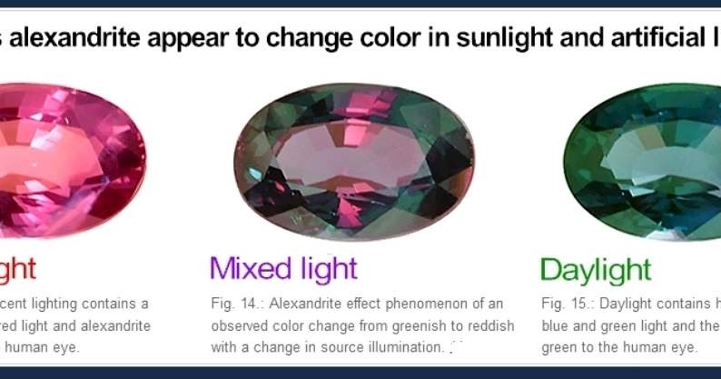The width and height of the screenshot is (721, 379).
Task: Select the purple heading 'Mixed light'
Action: pos(283,268)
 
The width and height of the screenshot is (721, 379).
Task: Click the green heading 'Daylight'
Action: pos(596,269)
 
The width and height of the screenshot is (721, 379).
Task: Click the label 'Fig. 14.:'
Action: pos(235,303)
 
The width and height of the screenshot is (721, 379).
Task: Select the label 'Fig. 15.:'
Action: pos(566,303)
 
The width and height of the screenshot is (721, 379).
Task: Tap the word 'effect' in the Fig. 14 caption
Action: pos(355,303)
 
